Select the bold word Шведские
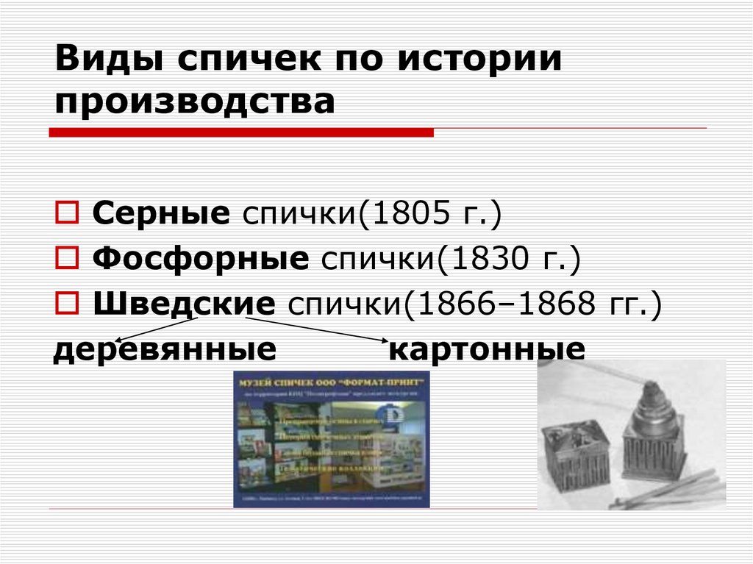pyautogui.click(x=185, y=303)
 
